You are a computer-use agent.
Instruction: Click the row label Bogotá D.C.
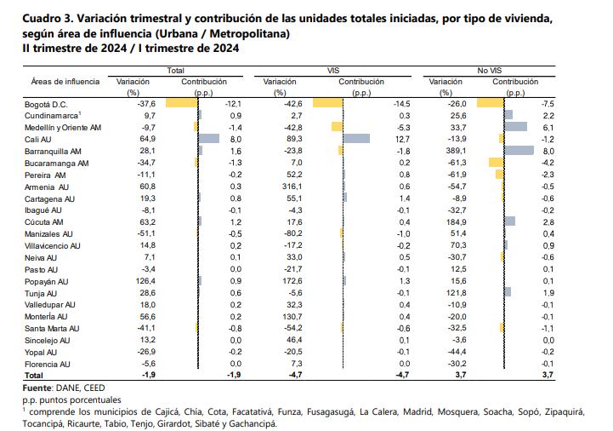pyautogui.click(x=39, y=102)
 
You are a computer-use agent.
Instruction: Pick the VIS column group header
pyautogui.click(x=334, y=70)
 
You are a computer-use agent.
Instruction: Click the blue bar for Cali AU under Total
pyautogui.click(x=208, y=137)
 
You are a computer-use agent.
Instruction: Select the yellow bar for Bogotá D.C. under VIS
pyautogui.click(x=327, y=102)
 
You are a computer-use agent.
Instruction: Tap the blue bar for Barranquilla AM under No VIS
pyautogui.click(x=518, y=149)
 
